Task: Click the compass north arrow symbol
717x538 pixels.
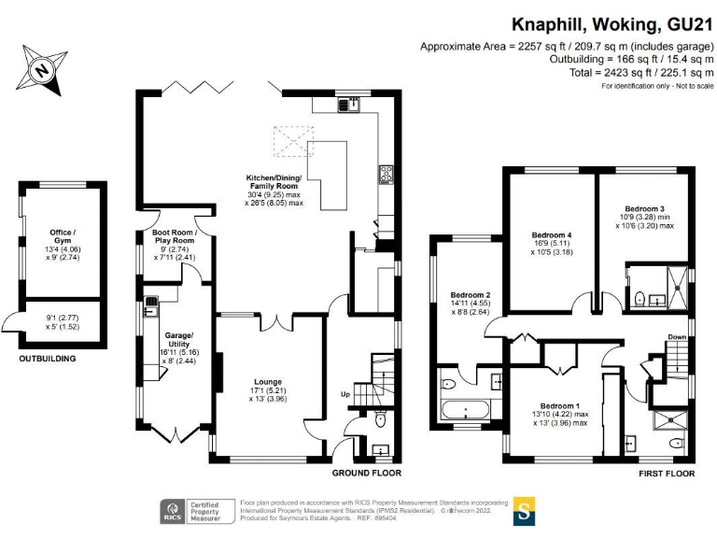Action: [x=40, y=68]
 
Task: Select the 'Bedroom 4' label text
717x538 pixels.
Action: [x=550, y=234]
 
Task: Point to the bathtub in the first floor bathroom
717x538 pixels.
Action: [x=464, y=409]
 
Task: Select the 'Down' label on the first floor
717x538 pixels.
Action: [x=675, y=336]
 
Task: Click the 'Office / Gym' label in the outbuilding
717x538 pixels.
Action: [x=63, y=236]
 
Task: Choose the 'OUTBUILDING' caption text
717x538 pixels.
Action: [x=48, y=358]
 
